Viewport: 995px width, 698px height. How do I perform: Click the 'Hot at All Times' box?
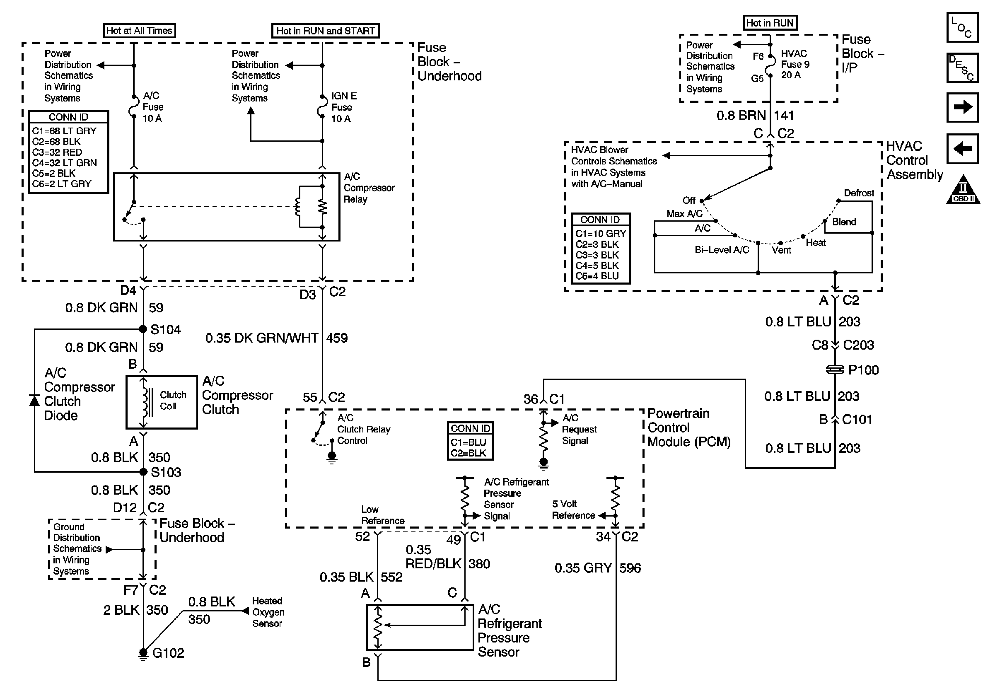(139, 30)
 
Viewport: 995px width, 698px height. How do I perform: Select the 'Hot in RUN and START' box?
(325, 31)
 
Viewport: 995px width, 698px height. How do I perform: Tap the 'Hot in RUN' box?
(769, 22)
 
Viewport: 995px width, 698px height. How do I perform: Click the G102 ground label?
(168, 653)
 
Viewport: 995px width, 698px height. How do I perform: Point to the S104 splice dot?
(143, 329)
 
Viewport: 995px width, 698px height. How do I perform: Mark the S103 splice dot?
(143, 471)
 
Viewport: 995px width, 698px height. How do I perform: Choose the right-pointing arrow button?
(963, 107)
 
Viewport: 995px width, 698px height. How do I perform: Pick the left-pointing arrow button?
(963, 149)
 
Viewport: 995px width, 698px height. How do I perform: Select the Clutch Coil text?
(173, 400)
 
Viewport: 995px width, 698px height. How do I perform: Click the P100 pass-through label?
(863, 370)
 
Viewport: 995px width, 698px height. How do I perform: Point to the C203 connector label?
(858, 345)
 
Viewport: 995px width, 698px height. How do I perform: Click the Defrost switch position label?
(858, 193)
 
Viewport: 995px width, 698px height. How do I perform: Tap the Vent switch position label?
(781, 250)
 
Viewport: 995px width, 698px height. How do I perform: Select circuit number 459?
(337, 338)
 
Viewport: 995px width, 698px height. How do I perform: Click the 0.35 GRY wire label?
(583, 568)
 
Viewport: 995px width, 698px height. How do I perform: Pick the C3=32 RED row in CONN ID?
(57, 152)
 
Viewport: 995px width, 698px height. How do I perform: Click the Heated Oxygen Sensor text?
(268, 612)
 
